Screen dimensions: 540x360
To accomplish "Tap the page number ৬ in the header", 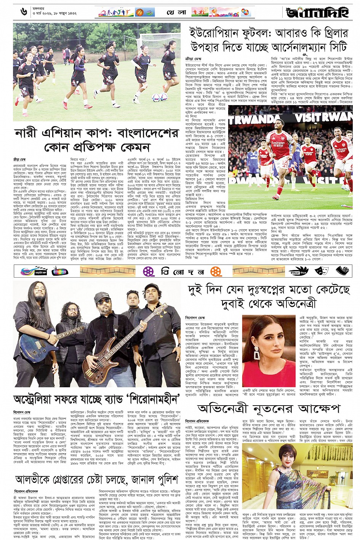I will click(24, 12).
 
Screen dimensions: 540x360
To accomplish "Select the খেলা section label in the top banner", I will click(176, 13).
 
